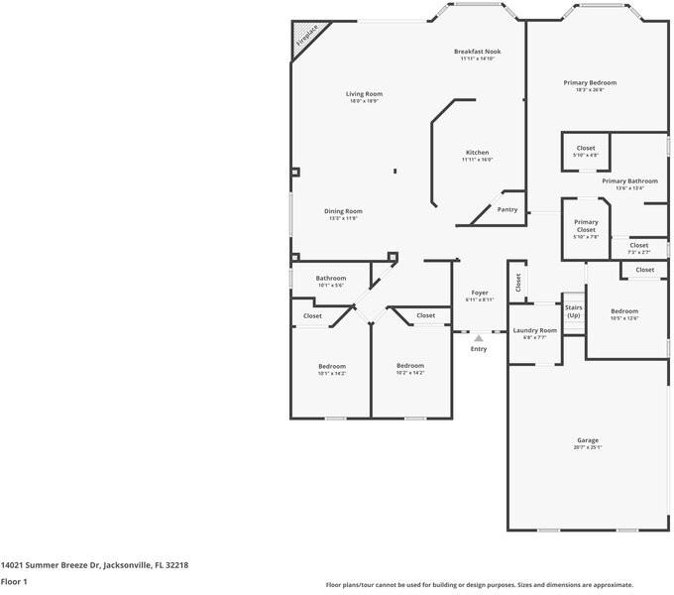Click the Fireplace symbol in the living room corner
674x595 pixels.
point(306,38)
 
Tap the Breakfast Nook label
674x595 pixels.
point(477,52)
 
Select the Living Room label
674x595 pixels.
point(364,94)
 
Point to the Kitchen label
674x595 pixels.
point(477,153)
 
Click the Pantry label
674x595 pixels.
point(506,209)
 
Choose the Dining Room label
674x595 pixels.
point(343,211)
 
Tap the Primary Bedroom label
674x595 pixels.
point(590,83)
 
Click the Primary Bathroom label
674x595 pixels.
point(629,181)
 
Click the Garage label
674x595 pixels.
point(588,440)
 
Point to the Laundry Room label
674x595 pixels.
point(534,330)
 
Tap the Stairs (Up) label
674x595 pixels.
point(573,311)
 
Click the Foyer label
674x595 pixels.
point(480,293)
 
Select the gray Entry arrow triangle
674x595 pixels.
point(479,339)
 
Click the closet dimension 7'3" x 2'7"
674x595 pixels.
point(638,252)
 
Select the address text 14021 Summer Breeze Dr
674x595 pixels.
point(95,565)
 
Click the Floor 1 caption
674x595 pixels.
point(14,582)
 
